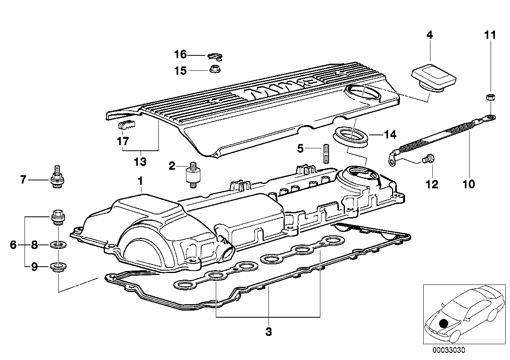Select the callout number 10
tap(469, 184)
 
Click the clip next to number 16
tap(214, 55)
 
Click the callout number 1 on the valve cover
tap(140, 181)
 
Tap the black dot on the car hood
tap(444, 324)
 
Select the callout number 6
tap(13, 245)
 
